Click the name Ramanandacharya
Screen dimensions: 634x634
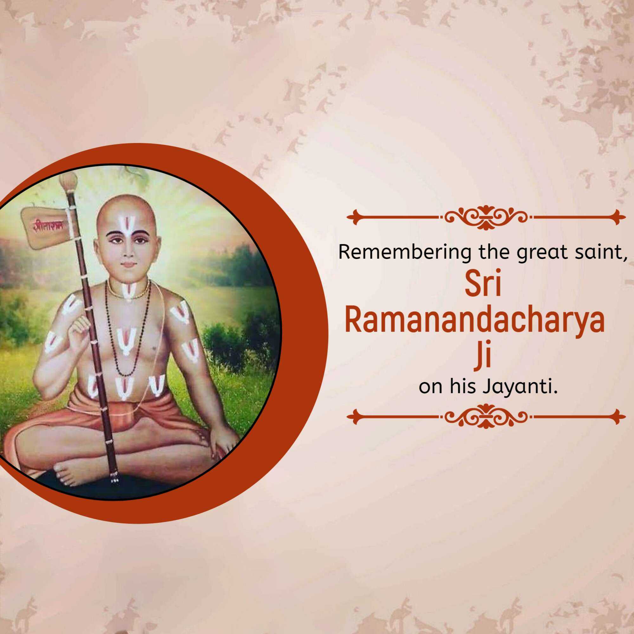coord(475,321)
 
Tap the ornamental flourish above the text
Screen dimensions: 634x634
coord(486,217)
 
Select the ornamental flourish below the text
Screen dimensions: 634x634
coord(486,417)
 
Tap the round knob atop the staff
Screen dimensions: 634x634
coord(68,179)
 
